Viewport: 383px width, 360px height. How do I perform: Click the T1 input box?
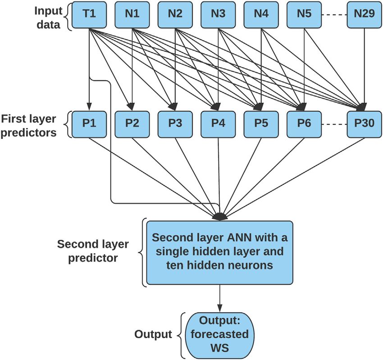[89, 15]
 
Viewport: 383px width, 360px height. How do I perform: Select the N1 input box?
[132, 15]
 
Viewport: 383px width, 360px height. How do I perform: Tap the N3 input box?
[218, 15]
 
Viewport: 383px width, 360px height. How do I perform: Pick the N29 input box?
[365, 15]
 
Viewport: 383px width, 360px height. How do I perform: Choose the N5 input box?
[304, 15]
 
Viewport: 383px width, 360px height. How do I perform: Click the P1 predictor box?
[89, 124]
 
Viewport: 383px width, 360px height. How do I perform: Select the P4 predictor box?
[218, 124]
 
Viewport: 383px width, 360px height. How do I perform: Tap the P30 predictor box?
[365, 124]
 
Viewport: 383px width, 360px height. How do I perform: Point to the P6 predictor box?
[304, 124]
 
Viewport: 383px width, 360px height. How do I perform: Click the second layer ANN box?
[219, 252]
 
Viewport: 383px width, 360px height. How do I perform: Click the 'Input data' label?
[48, 18]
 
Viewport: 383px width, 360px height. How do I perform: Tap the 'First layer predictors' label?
[28, 126]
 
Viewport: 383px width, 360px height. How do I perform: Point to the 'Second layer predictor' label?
[93, 251]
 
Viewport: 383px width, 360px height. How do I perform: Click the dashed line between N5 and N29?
[334, 15]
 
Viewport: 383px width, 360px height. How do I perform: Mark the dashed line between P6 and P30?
[334, 124]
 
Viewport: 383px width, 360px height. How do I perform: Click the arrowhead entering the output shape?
[220, 309]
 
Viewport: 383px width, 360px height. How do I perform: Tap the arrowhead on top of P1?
[89, 107]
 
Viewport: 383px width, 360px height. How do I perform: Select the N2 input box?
[175, 15]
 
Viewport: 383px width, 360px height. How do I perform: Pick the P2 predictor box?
[132, 124]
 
